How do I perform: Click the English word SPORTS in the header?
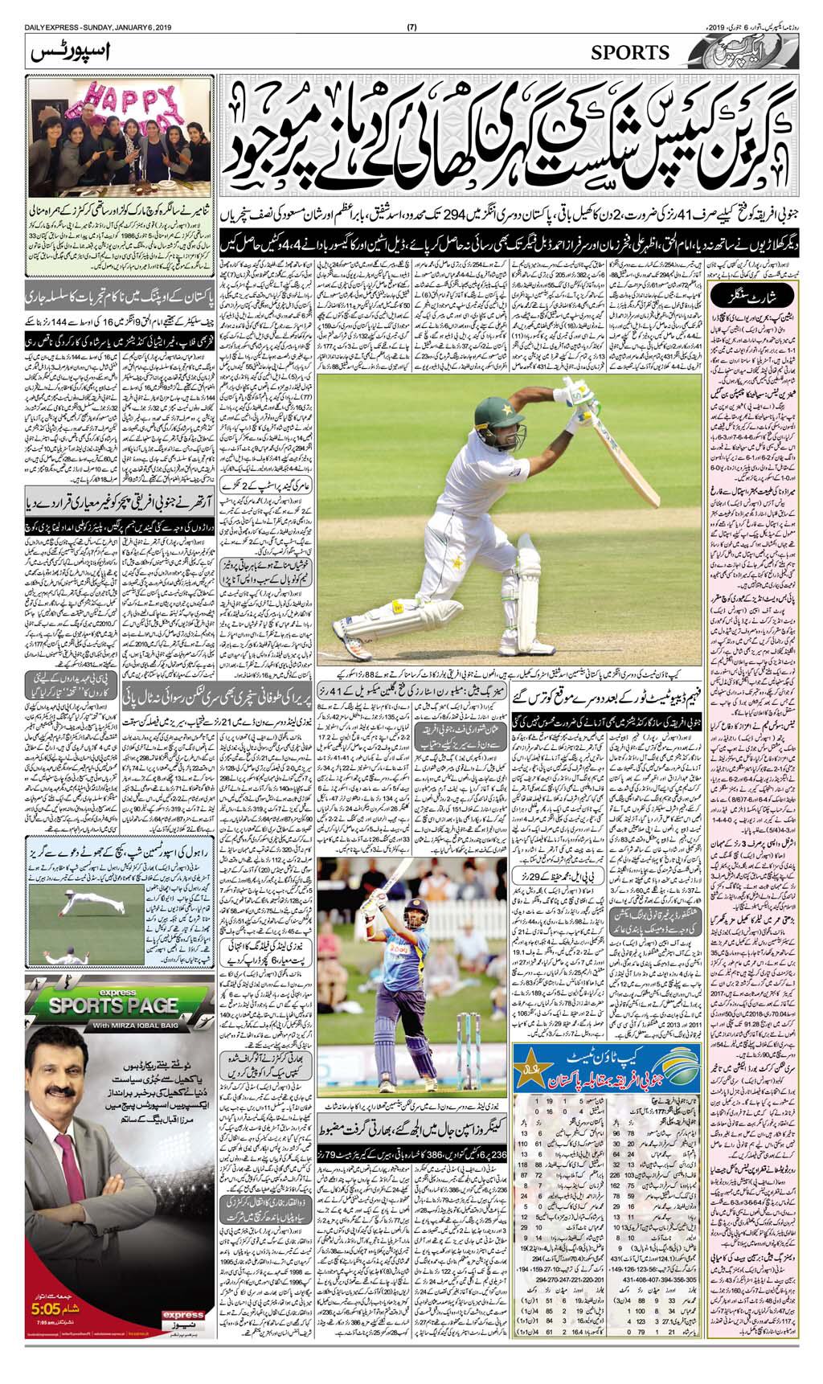coord(630,52)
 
